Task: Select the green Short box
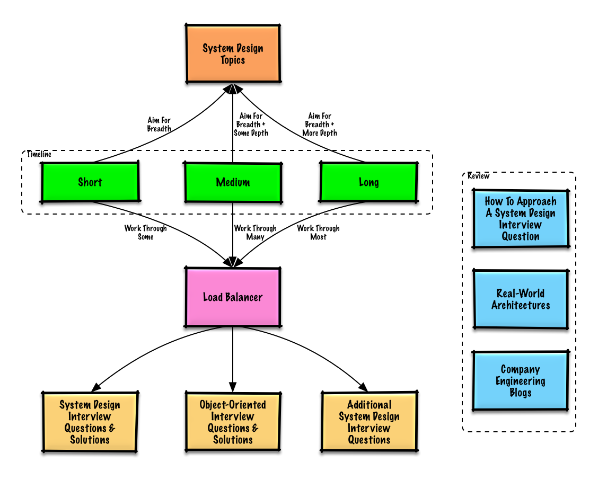pos(90,182)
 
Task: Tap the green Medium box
pos(233,183)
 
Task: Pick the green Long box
pos(368,182)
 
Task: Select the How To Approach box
pos(521,219)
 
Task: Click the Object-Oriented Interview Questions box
pos(233,422)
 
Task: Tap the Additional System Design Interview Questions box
pos(369,422)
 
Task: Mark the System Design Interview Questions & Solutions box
pos(90,422)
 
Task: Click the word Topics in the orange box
pos(233,60)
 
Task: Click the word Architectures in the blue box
pos(521,305)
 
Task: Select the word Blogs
pos(520,393)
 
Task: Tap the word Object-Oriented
pos(233,405)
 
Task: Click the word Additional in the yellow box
pos(369,405)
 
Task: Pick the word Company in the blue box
pos(520,369)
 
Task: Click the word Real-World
pos(521,294)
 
